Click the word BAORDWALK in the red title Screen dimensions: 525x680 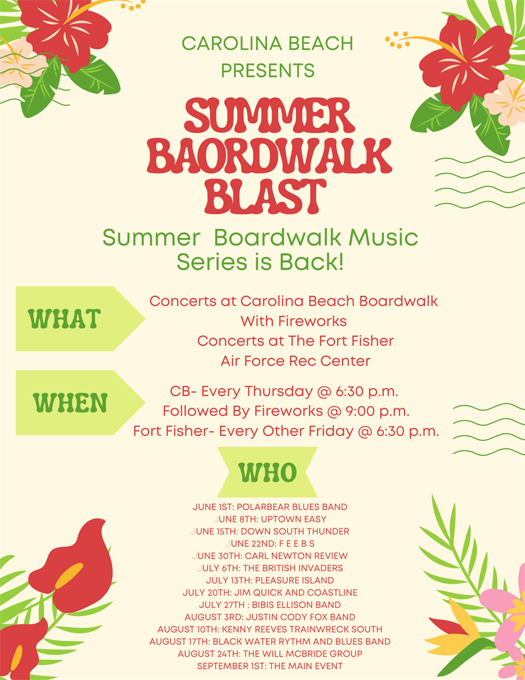tap(269, 156)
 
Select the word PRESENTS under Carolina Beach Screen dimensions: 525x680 tap(268, 70)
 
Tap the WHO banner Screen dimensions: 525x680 tap(268, 473)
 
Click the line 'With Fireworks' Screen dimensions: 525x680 tap(293, 321)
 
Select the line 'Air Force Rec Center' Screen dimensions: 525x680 tap(295, 361)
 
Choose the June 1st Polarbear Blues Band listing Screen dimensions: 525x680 tap(269, 507)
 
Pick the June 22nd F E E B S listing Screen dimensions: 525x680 tap(269, 543)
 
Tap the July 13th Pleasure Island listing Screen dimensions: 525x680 tap(269, 580)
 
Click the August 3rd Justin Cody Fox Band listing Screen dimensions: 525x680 tap(269, 617)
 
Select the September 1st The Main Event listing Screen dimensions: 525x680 tap(269, 666)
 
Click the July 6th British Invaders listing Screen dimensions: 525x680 tap(269, 568)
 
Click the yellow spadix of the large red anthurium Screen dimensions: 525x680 tap(70, 575)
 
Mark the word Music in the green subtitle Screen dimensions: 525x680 tap(383, 238)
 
